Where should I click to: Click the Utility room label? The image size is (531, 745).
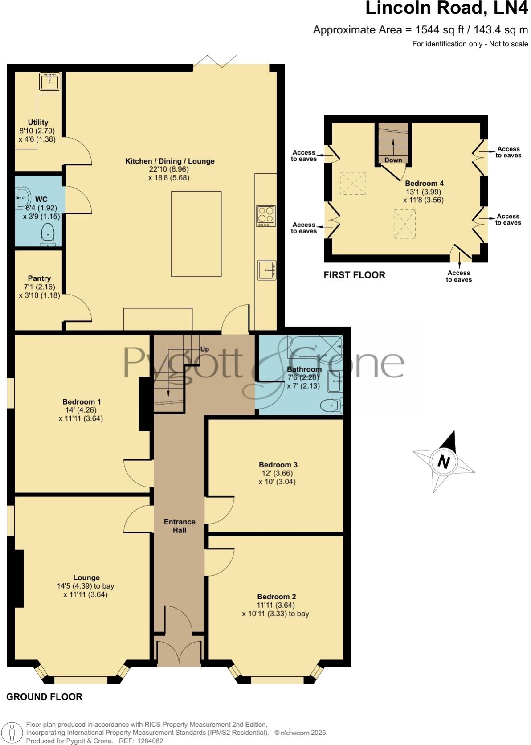pos(38,122)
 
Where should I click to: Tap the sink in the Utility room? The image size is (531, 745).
pos(49,82)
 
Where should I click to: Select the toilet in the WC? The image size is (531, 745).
pos(48,235)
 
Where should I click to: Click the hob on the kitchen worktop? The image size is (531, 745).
pos(265,216)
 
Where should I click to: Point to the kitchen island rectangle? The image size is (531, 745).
pos(196,234)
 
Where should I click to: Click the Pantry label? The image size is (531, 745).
pos(39,278)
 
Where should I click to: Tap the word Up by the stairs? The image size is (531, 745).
pos(204,349)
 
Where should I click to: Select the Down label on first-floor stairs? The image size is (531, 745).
pos(393,160)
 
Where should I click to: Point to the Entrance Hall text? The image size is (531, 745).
pos(180,526)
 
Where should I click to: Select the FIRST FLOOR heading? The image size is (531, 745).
pos(354,275)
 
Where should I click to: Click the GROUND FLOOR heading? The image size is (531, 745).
pos(44,696)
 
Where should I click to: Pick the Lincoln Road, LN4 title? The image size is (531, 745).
pos(446,8)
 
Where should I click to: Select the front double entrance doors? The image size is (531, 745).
pos(179,652)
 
